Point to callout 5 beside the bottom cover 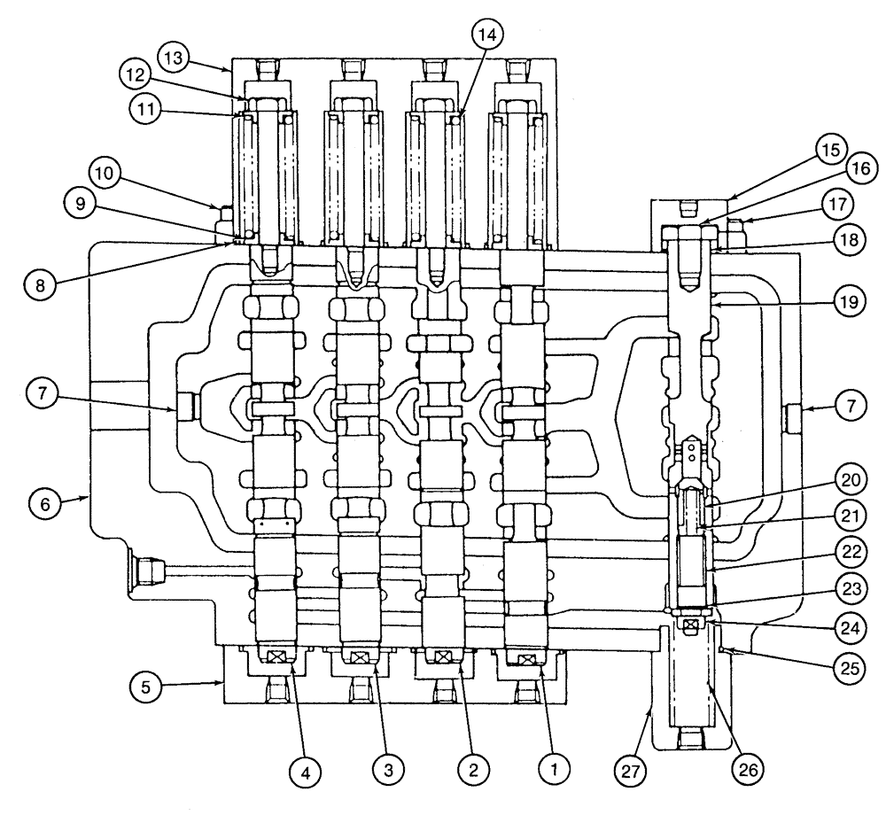point(147,685)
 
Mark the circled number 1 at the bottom point(554,771)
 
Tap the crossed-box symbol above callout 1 point(526,660)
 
